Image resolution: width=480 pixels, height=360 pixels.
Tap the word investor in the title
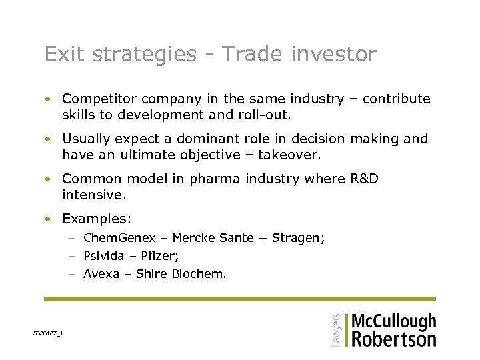[335, 54]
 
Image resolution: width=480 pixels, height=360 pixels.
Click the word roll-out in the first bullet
[267, 115]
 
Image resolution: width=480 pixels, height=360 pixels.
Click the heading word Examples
[97, 219]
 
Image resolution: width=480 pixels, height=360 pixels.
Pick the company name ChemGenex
[119, 238]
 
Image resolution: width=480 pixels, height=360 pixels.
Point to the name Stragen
[301, 238]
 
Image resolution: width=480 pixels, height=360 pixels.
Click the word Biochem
[203, 273]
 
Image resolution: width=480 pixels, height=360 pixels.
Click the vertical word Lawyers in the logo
[336, 330]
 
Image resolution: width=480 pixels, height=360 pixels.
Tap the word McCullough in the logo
[393, 321]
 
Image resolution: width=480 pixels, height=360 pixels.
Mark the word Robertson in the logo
[393, 339]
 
